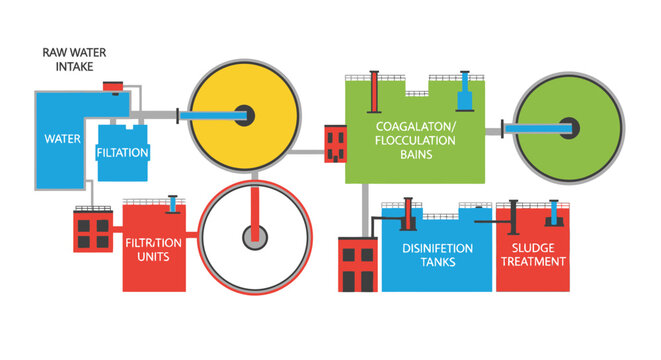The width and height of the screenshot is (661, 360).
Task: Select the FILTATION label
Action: tap(123, 153)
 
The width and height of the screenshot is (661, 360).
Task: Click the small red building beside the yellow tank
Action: tap(336, 141)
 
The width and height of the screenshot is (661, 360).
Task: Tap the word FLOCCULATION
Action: tap(417, 141)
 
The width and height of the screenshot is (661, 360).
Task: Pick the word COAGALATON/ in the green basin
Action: tap(417, 127)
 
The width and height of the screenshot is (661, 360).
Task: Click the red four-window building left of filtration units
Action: tap(94, 233)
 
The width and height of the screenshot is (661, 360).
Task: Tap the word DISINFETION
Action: tap(437, 248)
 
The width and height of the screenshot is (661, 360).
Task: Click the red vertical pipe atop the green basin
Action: tap(374, 91)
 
